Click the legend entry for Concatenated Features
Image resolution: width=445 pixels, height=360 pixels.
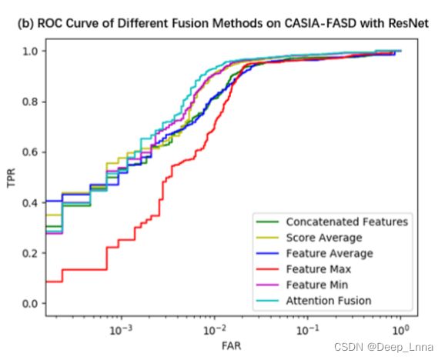pyautogui.click(x=346, y=222)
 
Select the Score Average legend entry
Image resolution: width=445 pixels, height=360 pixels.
pyautogui.click(x=323, y=238)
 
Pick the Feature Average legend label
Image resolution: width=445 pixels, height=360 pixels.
pyautogui.click(x=329, y=253)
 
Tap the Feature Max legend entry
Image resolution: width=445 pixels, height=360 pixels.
pyautogui.click(x=318, y=269)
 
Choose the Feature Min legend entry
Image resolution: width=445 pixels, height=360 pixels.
pyautogui.click(x=316, y=285)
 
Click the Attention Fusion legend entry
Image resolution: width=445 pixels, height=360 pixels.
pyautogui.click(x=328, y=300)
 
